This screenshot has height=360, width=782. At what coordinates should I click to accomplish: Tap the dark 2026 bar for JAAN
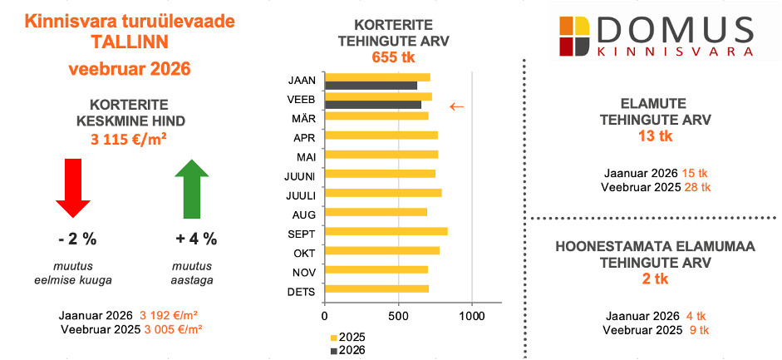[x=371, y=86]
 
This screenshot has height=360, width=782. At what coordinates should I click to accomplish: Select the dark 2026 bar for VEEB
[x=373, y=105]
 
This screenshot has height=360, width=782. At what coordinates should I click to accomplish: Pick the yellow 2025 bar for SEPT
[x=386, y=232]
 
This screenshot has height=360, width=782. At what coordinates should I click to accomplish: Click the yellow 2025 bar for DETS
[x=376, y=289]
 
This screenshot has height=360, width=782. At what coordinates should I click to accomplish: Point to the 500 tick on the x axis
[x=398, y=317]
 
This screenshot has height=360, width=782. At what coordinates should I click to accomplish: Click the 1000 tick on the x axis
[x=472, y=317]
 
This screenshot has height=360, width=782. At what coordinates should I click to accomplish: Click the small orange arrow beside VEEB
[x=456, y=106]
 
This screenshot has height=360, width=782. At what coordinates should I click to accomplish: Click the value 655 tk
[x=391, y=57]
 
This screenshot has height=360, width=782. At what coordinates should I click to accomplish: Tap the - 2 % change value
[x=77, y=239]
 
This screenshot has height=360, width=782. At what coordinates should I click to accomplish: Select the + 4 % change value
[x=196, y=239]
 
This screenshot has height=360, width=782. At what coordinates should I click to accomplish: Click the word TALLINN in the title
[x=129, y=42]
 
